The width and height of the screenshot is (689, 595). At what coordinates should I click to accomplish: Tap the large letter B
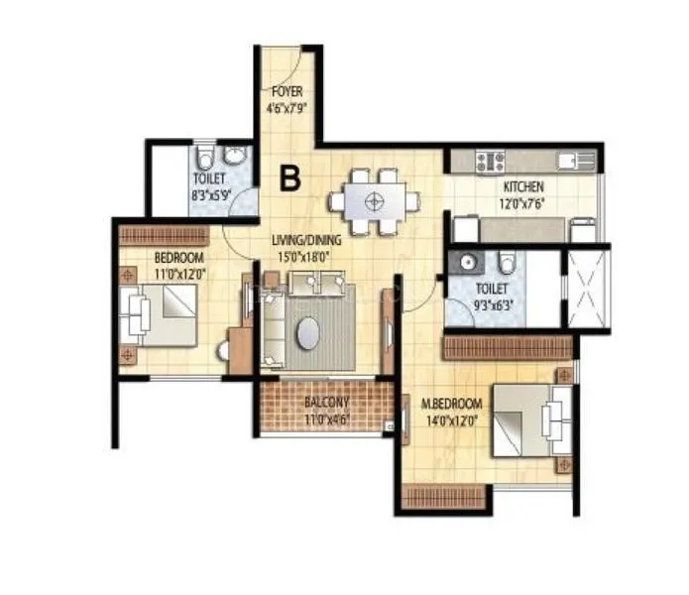click(289, 178)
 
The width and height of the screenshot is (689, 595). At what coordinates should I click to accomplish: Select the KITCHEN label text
click(523, 186)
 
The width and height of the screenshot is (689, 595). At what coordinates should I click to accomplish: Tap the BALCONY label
click(327, 403)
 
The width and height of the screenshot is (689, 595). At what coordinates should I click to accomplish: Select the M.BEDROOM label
click(451, 404)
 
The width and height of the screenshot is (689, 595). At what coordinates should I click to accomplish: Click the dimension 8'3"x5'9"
click(209, 195)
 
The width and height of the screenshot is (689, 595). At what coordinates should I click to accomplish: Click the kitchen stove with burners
click(491, 159)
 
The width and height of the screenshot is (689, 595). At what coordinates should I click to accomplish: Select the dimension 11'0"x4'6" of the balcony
click(327, 416)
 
